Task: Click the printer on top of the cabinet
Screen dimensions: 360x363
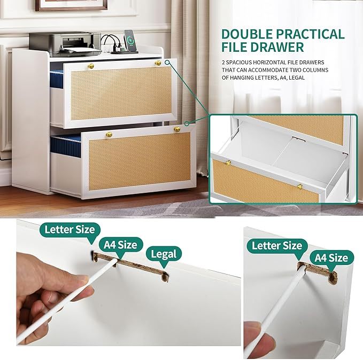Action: click(x=65, y=43)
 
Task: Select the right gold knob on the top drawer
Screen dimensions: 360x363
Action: click(x=158, y=63)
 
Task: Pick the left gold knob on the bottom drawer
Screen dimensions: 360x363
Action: click(x=111, y=132)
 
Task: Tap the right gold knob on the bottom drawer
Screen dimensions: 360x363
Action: click(x=176, y=129)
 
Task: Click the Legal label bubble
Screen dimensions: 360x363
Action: click(x=164, y=254)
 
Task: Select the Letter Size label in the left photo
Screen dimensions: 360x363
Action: click(x=70, y=230)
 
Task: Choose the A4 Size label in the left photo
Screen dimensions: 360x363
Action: click(x=121, y=245)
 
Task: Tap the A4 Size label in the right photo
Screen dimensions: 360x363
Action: click(x=330, y=258)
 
